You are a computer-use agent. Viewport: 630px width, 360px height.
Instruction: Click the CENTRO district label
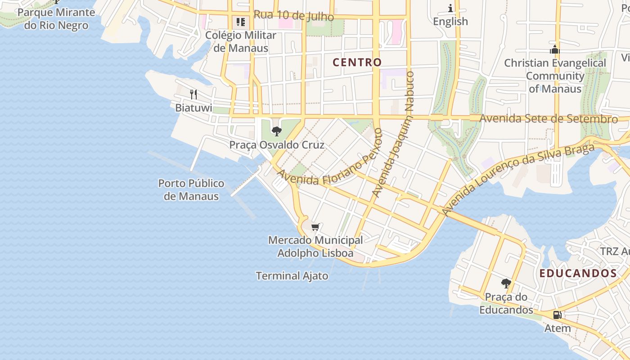coord(357,63)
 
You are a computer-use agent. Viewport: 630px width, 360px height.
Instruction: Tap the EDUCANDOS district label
coord(578,273)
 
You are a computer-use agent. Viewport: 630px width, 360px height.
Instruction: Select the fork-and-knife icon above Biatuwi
coord(193,94)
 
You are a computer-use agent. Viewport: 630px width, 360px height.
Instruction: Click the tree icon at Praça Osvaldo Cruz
coord(276,131)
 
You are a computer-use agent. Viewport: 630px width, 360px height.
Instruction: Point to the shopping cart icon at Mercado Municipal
coord(315,227)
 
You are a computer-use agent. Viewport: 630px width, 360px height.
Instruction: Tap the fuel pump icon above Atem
coord(557,315)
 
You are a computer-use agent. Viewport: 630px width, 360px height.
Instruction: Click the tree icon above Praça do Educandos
coord(506,283)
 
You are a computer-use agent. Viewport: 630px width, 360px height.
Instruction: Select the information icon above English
coord(450,8)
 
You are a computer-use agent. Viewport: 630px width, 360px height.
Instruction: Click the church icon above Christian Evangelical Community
coord(554,49)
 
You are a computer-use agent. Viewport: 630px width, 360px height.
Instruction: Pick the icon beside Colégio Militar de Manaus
coord(241,22)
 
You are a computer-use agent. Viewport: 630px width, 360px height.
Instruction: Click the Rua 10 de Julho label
coord(293,15)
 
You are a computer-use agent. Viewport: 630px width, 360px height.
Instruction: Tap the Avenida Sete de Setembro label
coord(548,119)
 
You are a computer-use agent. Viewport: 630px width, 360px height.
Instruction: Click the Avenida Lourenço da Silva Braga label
coord(517,178)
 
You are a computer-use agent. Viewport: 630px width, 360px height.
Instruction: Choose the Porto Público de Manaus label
coord(191,190)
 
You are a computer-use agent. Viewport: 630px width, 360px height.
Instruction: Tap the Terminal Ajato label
coord(292,276)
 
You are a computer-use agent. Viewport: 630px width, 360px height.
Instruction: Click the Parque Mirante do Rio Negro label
coord(56,19)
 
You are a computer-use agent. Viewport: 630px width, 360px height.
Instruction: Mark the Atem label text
coord(558,328)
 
